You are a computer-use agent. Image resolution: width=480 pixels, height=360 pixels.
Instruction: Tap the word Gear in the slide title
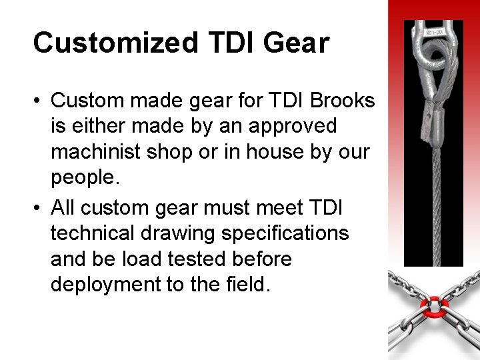tap(296, 43)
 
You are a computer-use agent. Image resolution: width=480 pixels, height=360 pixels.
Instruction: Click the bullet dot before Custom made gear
tap(39, 101)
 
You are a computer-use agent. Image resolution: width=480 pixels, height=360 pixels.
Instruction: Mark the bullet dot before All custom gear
tap(39, 208)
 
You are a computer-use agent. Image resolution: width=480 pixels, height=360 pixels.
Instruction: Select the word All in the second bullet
tap(63, 207)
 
